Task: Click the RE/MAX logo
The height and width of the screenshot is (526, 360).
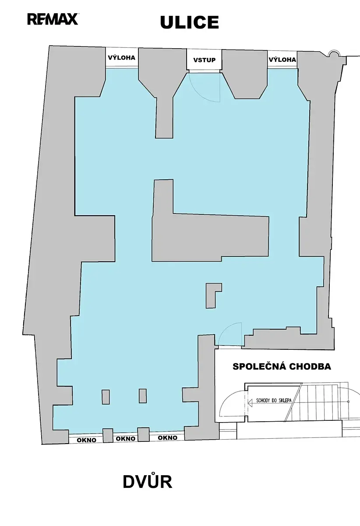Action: (53, 19)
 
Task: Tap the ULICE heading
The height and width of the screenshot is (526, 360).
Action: (189, 22)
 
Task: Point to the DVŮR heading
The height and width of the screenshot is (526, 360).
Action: (148, 482)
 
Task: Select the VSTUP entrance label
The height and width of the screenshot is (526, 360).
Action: (205, 60)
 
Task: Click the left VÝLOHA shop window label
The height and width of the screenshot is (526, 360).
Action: (122, 57)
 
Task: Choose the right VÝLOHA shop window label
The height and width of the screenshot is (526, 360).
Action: (282, 60)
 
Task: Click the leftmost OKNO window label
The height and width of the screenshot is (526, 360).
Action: (86, 440)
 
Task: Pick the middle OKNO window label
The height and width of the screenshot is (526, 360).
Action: (126, 438)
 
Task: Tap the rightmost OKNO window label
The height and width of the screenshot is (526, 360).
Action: (168, 437)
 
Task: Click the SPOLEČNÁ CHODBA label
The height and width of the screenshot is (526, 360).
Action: (282, 366)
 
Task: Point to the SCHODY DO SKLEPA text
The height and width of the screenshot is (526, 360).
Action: (274, 400)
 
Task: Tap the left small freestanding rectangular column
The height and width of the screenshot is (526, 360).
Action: (106, 397)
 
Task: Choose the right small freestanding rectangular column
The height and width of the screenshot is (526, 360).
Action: (143, 396)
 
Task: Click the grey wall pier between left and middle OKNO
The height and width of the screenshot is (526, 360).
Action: (108, 436)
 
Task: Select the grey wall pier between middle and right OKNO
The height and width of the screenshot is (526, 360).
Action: (143, 434)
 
